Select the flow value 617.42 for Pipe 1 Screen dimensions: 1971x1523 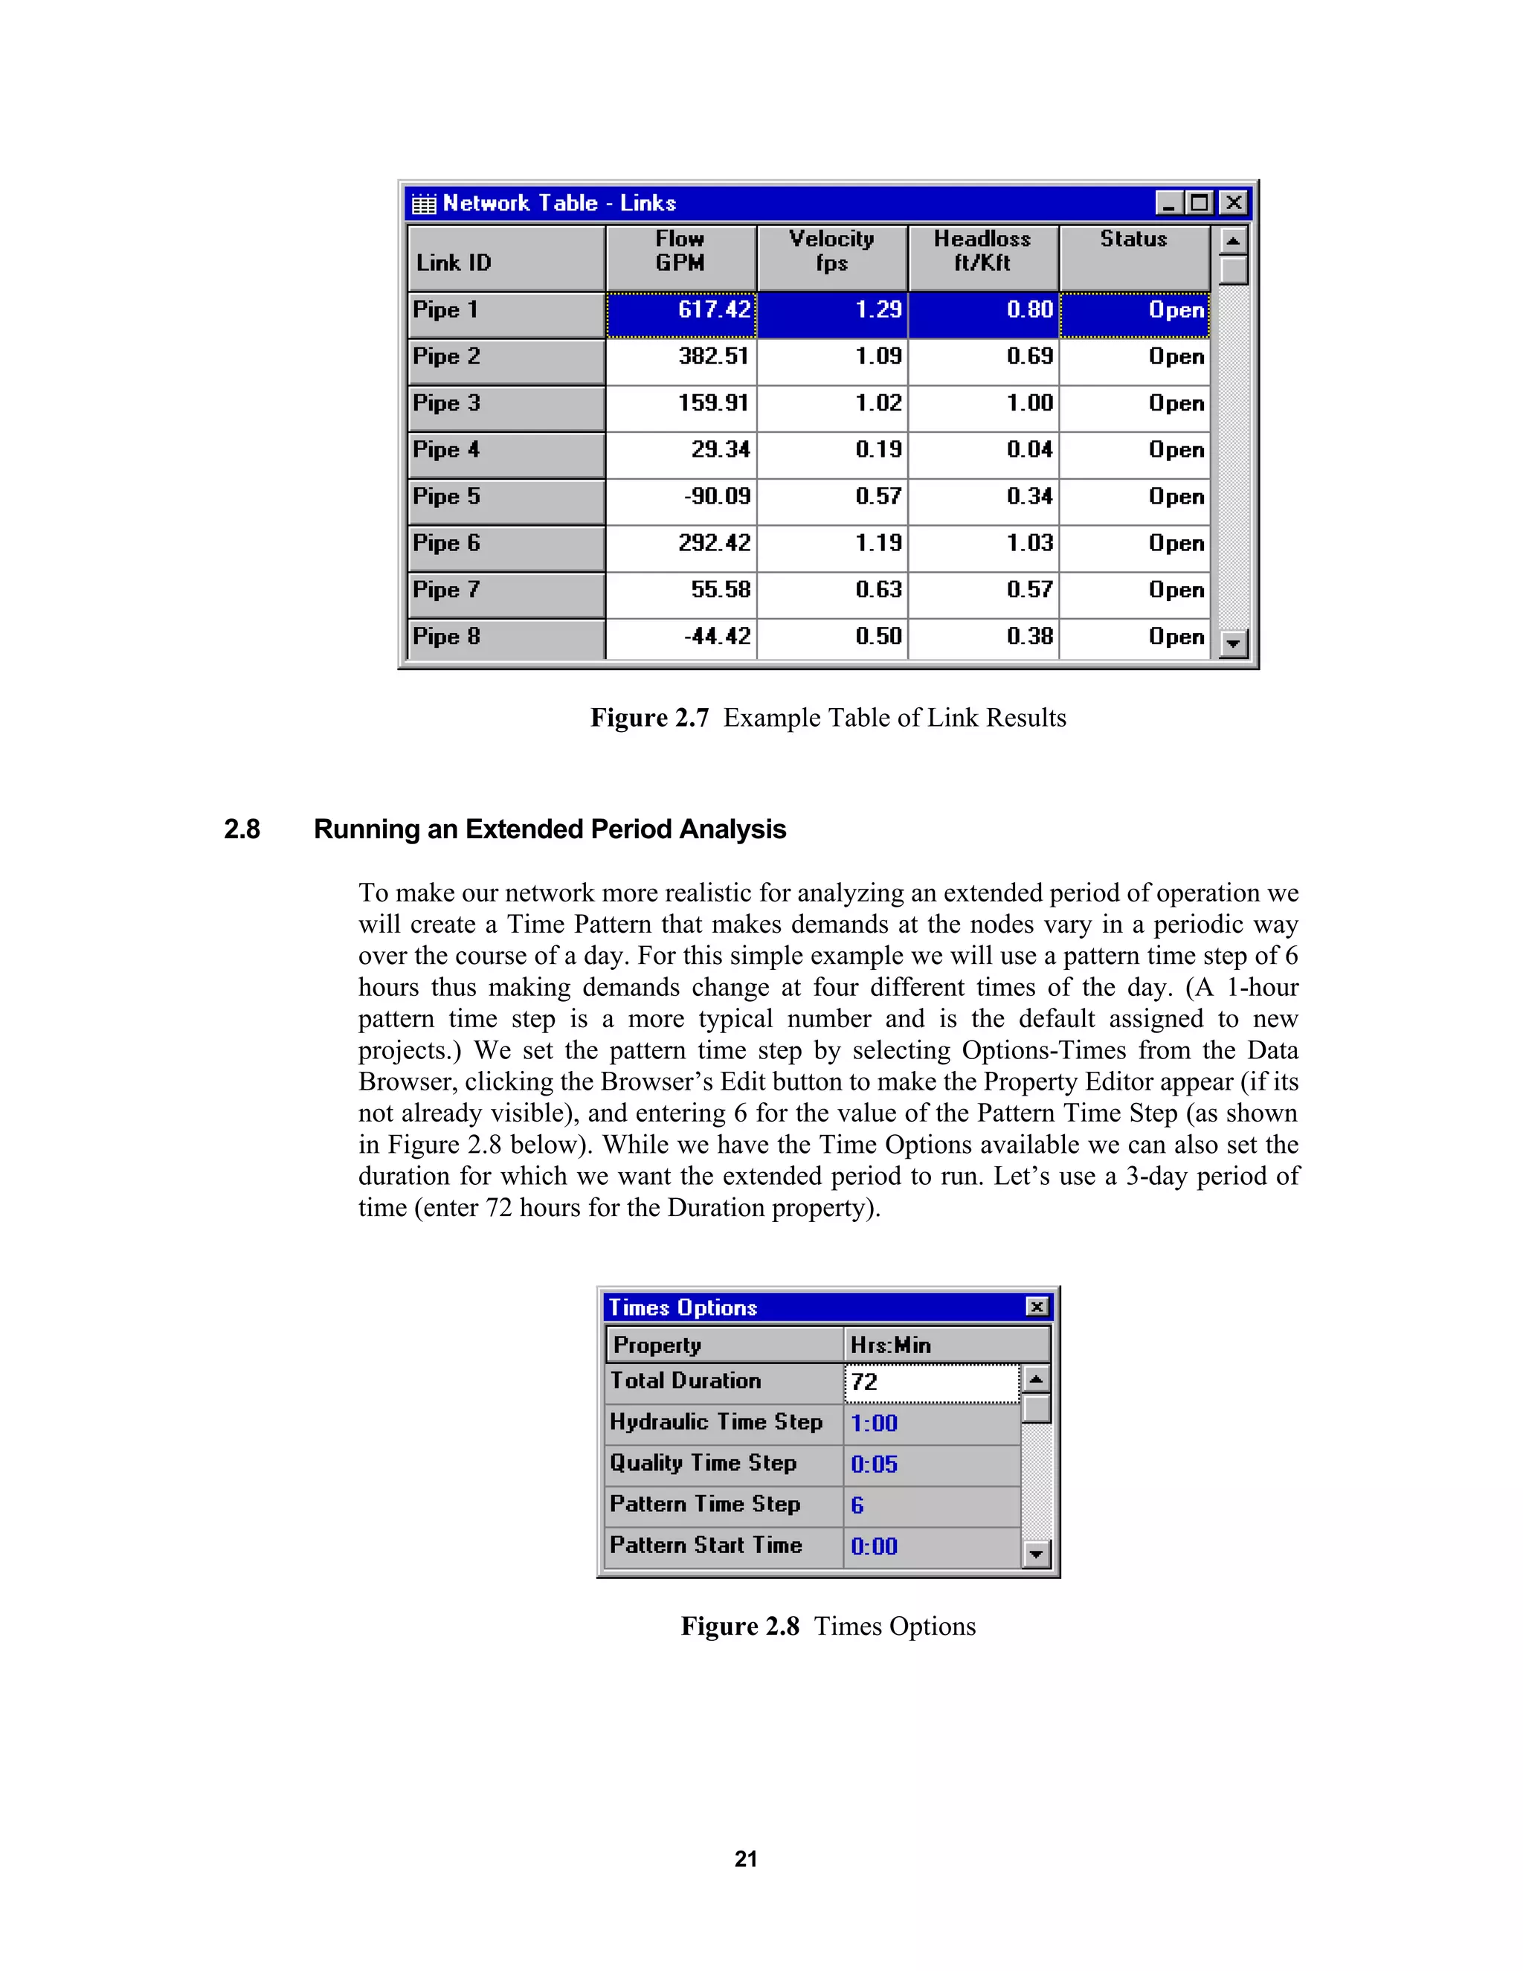(x=682, y=310)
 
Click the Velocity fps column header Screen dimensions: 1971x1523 (x=832, y=252)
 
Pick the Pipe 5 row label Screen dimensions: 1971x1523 (x=505, y=498)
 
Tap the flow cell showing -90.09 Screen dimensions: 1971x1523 (x=682, y=498)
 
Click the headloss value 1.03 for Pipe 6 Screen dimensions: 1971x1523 (x=983, y=543)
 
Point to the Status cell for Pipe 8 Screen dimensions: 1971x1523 (x=1135, y=637)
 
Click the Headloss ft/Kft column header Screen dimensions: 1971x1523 (x=982, y=252)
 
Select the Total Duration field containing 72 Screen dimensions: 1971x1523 (x=931, y=1383)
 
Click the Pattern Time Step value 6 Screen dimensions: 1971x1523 (x=931, y=1505)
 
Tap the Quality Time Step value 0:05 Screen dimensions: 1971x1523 (x=931, y=1464)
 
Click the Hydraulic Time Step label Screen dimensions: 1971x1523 (x=716, y=1422)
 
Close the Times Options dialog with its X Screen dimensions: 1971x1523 (x=1037, y=1307)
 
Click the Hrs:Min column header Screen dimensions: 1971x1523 (x=946, y=1345)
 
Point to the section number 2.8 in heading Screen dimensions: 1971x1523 (x=242, y=829)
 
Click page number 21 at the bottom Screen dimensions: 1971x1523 (x=745, y=1859)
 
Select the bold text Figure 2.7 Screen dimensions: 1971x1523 (x=650, y=718)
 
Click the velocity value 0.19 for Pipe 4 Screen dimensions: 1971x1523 (x=833, y=450)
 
